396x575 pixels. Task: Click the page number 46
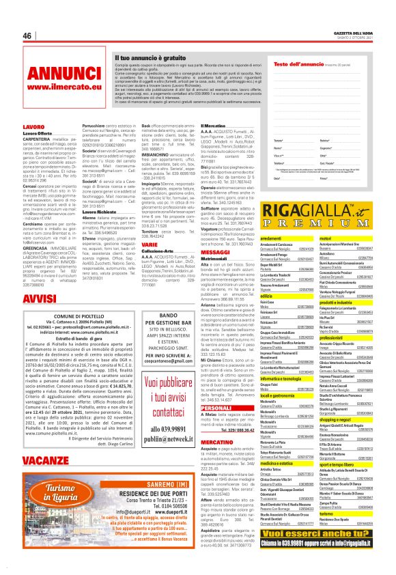[x=28, y=36]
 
